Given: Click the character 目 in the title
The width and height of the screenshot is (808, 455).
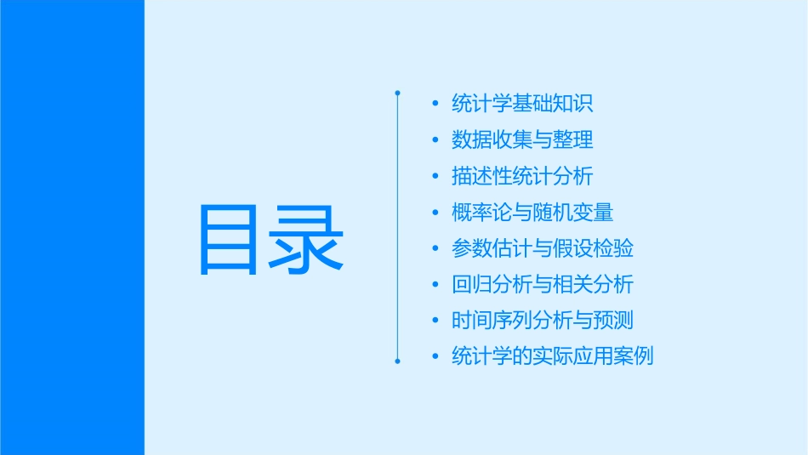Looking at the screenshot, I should coord(230,240).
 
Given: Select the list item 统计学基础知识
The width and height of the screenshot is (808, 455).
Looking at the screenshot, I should coord(522,104).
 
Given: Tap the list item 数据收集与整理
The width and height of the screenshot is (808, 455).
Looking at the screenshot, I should coord(522,139).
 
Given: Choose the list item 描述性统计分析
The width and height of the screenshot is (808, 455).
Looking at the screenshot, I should coord(522,176).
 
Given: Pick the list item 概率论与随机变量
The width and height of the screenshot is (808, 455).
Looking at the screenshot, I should coord(532,212).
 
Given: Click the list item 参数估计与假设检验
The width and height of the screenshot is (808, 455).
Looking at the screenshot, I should coord(543,248).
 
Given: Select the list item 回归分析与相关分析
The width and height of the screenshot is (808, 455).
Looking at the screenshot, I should coord(543,284).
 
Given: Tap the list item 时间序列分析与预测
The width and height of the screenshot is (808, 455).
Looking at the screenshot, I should coord(543,320).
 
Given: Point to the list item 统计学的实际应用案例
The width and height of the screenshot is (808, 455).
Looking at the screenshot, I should coord(553,356).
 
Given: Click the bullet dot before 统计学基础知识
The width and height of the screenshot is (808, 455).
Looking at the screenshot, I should coord(435,104).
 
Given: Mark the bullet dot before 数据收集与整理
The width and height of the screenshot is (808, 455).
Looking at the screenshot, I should coord(435,139).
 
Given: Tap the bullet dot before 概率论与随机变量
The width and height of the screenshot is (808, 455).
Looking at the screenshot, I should coord(435,212).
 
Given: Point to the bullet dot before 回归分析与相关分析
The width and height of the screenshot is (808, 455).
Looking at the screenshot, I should coord(435,284).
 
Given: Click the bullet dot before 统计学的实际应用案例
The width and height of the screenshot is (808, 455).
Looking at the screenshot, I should coord(435,356).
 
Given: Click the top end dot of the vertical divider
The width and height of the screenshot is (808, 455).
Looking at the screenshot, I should coord(397,91).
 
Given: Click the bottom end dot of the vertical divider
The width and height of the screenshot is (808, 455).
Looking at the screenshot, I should coord(397,361).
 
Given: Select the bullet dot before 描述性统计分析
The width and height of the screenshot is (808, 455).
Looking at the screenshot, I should coord(435,176).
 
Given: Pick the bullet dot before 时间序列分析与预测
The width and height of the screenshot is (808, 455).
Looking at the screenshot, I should coord(435,320).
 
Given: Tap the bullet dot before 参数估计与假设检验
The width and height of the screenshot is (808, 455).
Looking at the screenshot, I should coord(435,248).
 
